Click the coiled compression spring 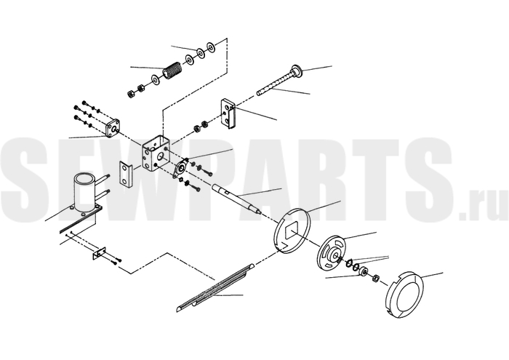pos(172,70)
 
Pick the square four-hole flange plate pos(112,128)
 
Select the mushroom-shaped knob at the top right pos(297,70)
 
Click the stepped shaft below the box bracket pos(236,198)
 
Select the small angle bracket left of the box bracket pos(125,175)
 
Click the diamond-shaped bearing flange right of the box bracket pos(180,168)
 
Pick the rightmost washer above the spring pos(211,47)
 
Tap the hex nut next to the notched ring pos(375,278)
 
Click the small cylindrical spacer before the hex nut pos(363,271)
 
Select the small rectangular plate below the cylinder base pos(99,253)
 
